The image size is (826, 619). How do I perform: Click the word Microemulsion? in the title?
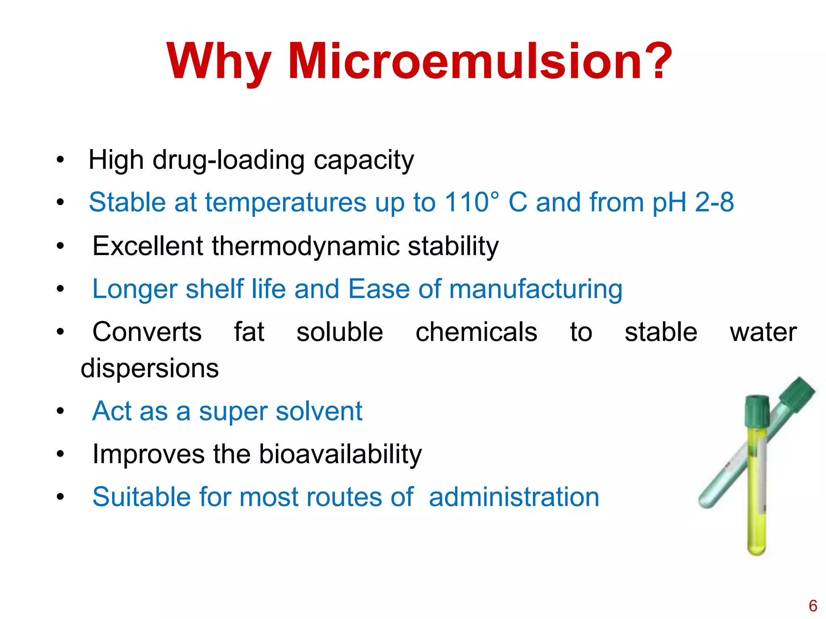coord(480,61)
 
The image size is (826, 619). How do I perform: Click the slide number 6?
coord(813,606)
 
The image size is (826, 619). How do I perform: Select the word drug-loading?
coord(228,160)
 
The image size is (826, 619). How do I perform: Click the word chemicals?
coord(476,332)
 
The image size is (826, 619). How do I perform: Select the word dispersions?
coord(150,368)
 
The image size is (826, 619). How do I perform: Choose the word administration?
coord(514,497)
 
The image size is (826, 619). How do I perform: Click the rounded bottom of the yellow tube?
coord(757,548)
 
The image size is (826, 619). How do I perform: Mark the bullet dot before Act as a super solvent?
coord(60,411)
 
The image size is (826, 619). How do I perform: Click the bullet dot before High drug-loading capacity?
coord(60,160)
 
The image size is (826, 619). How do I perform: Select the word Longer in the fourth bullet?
coord(135,289)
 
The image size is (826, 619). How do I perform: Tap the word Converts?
coord(147,332)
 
